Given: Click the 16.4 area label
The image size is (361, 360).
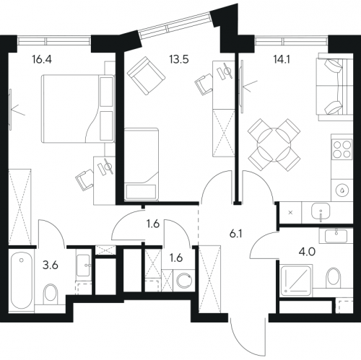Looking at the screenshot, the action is coord(42,59).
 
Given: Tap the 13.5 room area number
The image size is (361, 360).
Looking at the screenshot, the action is coord(179,59).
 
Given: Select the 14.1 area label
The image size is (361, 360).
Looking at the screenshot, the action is coord(282,59).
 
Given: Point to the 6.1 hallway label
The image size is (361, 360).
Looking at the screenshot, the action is coord(235,234).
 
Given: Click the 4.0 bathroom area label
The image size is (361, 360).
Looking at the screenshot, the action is coord(308,253).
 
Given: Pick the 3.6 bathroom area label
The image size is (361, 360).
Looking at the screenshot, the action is coord(51,265).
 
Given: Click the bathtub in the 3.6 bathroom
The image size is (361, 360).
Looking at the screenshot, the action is coord(22,281).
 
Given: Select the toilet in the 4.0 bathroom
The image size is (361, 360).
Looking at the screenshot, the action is coord(334,278).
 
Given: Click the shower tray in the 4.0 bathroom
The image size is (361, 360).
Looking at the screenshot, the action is coord(297,280).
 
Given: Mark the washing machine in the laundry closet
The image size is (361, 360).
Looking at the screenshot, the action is coord(184,281).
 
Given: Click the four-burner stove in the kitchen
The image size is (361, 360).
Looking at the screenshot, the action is coord(342,149).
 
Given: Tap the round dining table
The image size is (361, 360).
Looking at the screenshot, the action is coord(274,144).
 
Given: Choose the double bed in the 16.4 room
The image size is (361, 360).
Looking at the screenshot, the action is coord(78,109).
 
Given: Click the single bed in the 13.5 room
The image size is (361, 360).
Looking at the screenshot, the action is coord(142,164).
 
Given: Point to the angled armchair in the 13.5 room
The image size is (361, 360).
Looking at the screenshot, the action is coord(146,76).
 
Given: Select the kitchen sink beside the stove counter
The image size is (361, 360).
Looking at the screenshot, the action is coord(321,211).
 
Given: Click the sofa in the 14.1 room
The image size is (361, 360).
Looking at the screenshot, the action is coord(335,87).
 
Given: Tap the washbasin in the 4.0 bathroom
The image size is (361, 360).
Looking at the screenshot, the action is coord(336,236).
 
